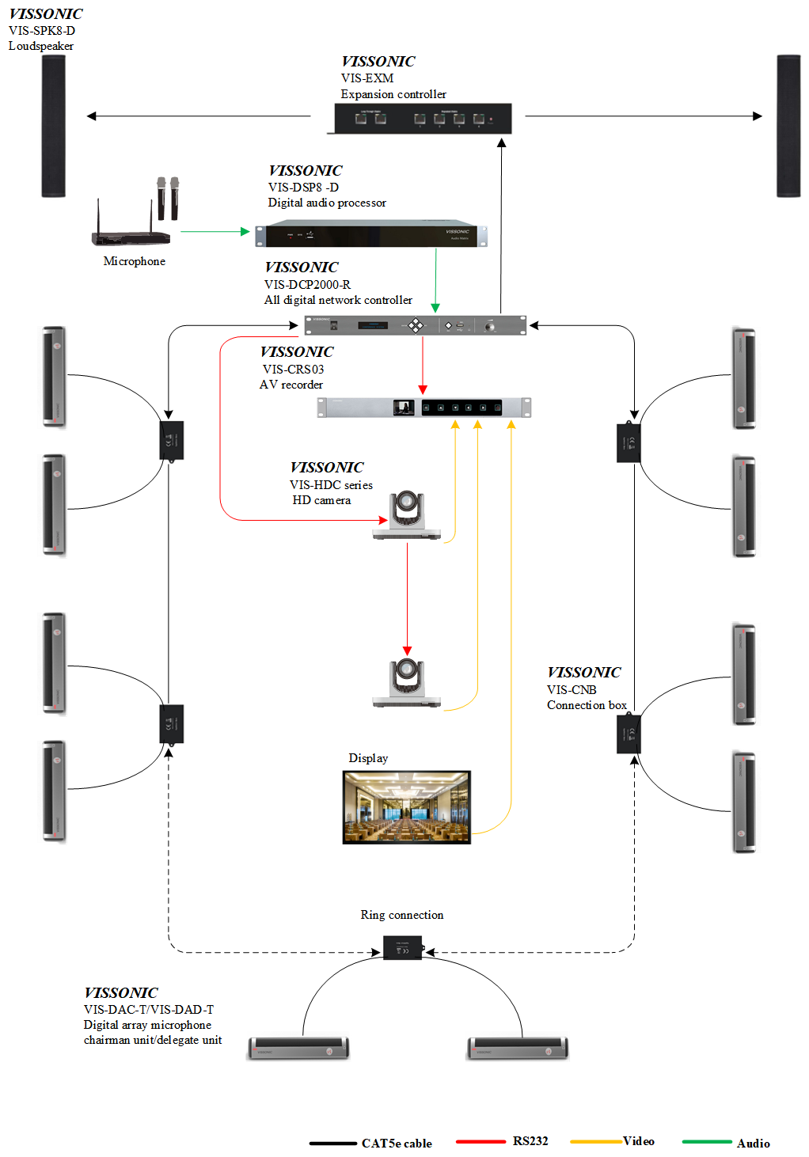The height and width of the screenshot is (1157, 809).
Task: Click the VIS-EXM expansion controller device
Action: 423,119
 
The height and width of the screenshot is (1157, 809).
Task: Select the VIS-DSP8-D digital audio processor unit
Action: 370,235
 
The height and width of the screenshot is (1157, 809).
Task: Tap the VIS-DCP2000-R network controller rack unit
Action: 415,325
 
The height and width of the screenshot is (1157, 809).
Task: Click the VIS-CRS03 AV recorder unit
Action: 423,408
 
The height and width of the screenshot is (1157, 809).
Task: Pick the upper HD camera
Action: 407,514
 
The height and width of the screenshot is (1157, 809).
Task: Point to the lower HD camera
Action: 407,681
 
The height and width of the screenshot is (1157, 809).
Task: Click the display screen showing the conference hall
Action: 406,807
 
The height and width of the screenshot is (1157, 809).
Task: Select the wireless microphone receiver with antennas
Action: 131,236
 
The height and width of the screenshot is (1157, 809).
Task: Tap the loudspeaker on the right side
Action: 788,126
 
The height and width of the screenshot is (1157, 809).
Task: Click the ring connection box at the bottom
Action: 402,948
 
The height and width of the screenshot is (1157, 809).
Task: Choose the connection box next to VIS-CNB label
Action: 629,734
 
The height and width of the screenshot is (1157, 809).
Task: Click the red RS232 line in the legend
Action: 480,1141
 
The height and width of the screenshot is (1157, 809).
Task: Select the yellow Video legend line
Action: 595,1141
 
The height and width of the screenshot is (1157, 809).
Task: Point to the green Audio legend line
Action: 706,1141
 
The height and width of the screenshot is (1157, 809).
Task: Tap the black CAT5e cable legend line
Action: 332,1143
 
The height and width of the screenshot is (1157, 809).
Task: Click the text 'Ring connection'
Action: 401,915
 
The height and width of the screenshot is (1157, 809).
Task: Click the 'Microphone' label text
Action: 134,261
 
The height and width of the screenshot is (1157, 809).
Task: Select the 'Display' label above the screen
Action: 368,758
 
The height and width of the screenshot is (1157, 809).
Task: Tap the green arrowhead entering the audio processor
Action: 245,232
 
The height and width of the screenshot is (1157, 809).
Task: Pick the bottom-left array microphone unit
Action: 298,1048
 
